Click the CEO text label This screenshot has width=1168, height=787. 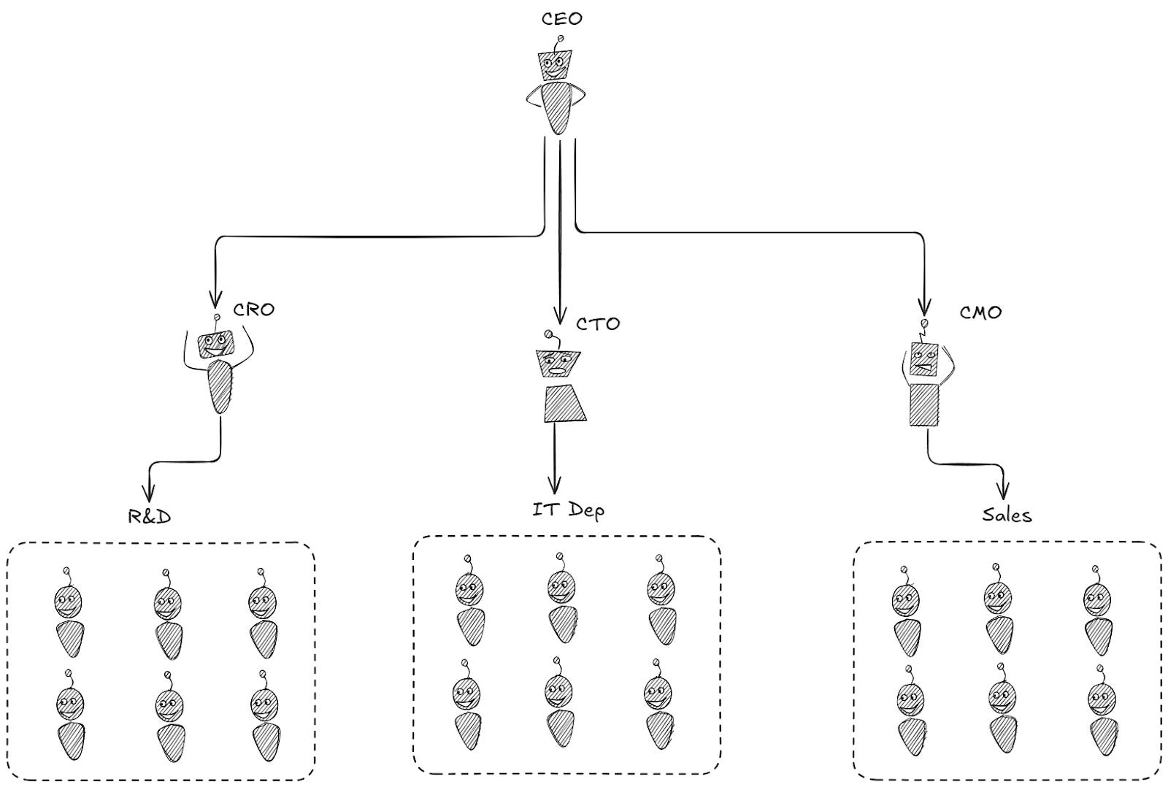click(x=561, y=18)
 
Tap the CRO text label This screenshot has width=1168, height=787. click(x=254, y=310)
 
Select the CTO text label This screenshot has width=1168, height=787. click(x=598, y=323)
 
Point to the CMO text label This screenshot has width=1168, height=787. click(x=980, y=312)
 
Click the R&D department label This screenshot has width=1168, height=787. click(x=150, y=517)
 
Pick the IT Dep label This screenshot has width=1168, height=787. click(x=568, y=509)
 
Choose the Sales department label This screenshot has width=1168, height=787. click(x=1007, y=515)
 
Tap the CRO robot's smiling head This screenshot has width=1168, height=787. click(x=217, y=344)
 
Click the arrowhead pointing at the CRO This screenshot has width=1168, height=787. click(x=215, y=299)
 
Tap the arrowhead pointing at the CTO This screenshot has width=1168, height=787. click(x=560, y=316)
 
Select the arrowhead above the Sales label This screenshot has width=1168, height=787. click(x=1005, y=492)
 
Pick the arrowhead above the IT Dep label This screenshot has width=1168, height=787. click(x=555, y=485)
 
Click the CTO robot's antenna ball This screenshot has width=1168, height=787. click(x=548, y=334)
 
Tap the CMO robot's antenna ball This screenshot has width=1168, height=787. click(x=925, y=323)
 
